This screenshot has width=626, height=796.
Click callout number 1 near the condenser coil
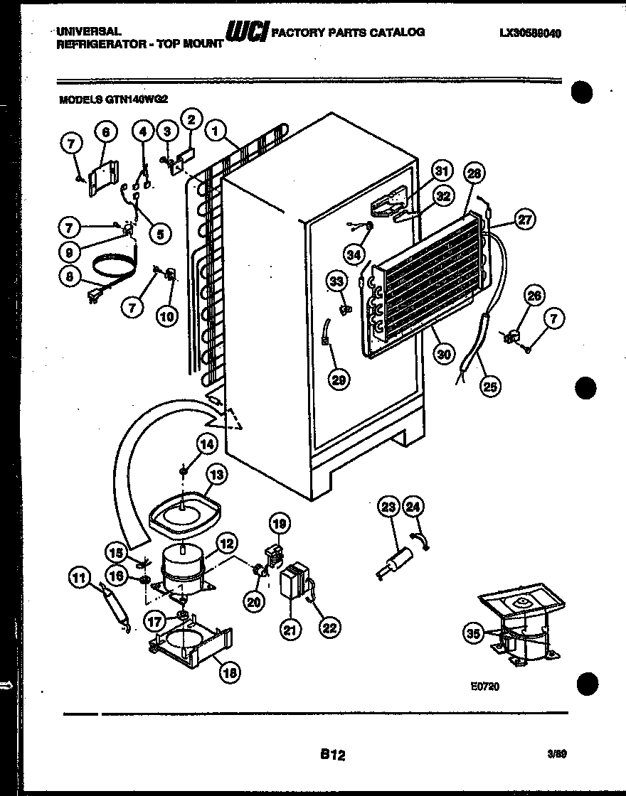click(x=214, y=131)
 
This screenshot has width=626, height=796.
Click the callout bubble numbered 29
click(x=339, y=380)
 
